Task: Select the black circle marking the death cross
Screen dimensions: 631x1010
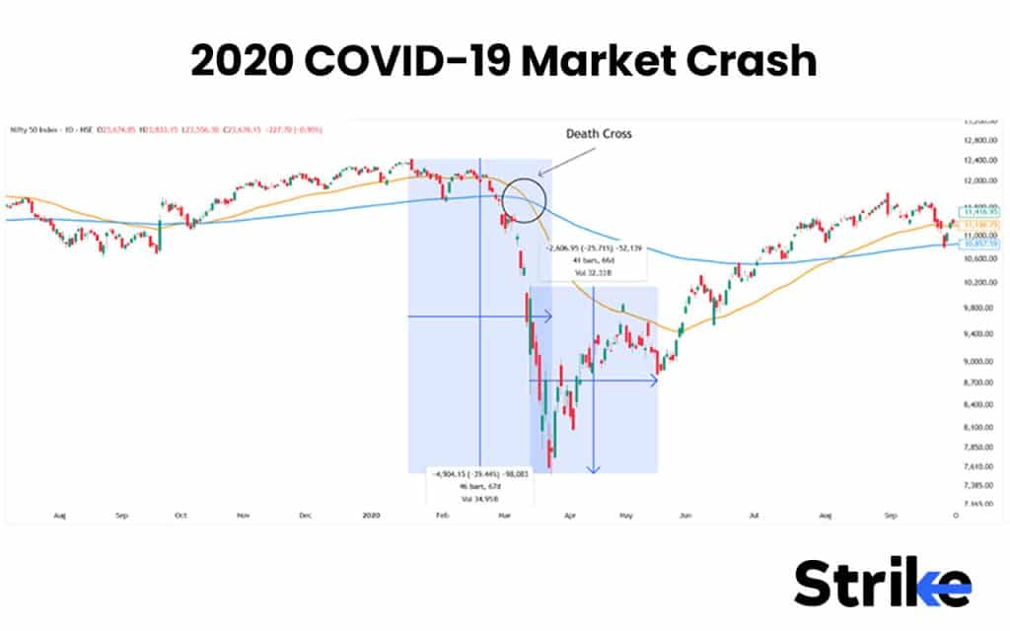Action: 524,195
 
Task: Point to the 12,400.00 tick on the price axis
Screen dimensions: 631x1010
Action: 979,160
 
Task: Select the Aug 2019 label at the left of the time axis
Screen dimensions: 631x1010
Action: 61,515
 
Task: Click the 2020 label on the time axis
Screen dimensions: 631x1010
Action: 371,515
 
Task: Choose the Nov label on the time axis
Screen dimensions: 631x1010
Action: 242,515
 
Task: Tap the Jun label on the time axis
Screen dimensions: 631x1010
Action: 686,515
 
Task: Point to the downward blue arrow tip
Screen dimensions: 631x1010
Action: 593,470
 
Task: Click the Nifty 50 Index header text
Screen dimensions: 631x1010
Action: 36,129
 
